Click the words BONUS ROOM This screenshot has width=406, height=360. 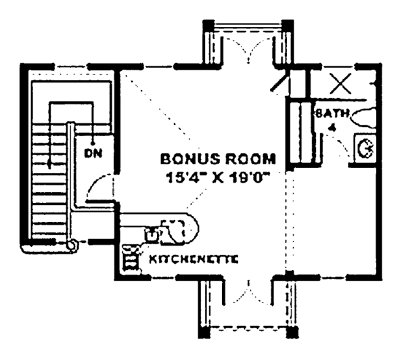coord(218,160)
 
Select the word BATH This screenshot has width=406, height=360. coord(328,114)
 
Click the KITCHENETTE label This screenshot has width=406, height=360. coord(194,259)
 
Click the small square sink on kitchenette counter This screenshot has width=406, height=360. coord(152,234)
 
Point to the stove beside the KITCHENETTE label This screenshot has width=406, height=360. coord(129,258)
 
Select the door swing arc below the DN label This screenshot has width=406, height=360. coord(97,184)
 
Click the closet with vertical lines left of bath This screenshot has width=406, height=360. coord(297,133)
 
